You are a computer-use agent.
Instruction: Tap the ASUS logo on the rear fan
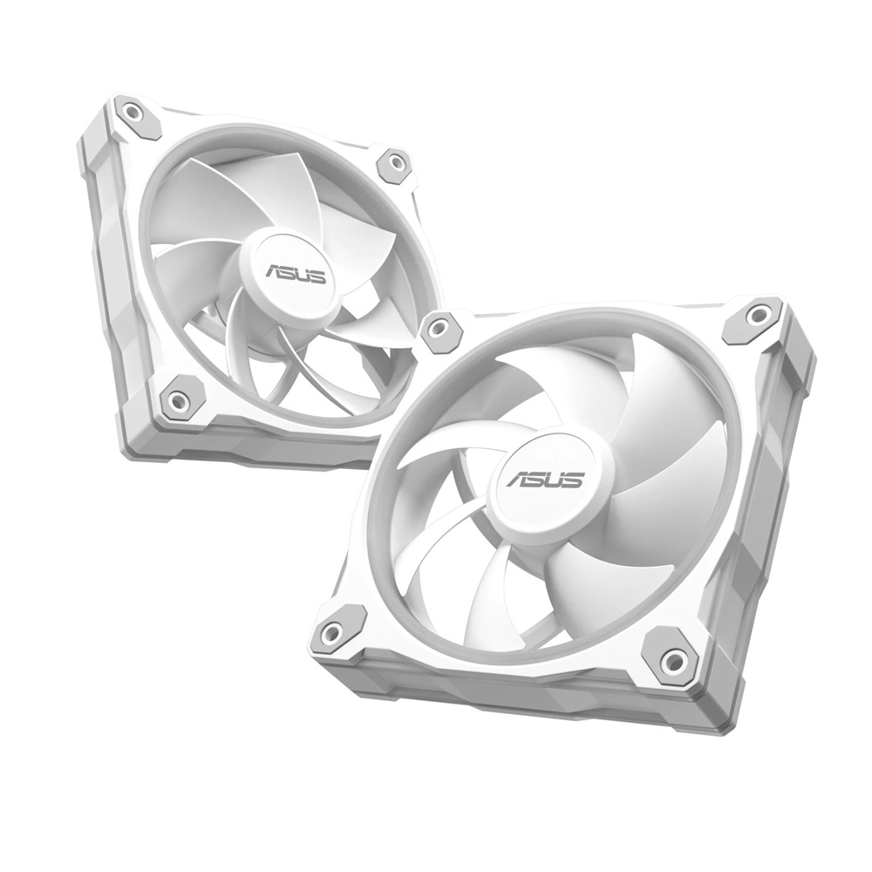(x=296, y=276)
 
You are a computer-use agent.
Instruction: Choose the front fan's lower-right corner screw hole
(x=674, y=660)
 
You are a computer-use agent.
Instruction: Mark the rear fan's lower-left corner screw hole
(x=179, y=401)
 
